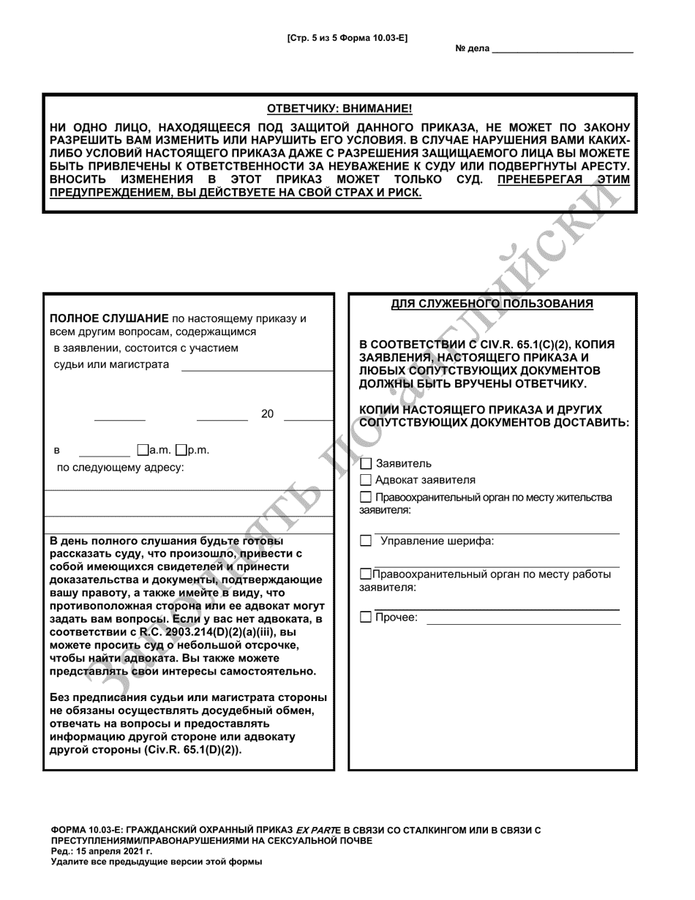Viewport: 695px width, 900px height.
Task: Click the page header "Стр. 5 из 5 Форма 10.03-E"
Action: (x=347, y=38)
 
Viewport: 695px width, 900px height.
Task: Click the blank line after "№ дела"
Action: (x=563, y=49)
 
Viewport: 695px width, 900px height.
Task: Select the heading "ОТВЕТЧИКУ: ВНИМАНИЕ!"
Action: (x=339, y=109)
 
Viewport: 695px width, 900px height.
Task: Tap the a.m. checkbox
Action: (x=142, y=450)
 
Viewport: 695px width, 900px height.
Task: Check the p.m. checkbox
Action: (x=181, y=450)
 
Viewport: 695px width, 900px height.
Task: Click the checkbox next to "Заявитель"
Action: (x=367, y=463)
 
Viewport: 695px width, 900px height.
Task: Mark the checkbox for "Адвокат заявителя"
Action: (x=367, y=481)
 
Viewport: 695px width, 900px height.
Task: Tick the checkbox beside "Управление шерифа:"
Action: (x=367, y=541)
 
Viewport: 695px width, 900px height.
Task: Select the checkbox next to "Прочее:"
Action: (x=367, y=618)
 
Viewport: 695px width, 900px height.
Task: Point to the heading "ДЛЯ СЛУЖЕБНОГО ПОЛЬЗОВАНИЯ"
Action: (x=492, y=304)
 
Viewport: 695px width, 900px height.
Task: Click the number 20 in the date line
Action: (x=267, y=414)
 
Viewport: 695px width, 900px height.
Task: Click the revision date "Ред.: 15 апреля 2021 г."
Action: (x=102, y=851)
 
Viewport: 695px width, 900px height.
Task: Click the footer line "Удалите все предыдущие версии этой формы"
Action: (x=156, y=862)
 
